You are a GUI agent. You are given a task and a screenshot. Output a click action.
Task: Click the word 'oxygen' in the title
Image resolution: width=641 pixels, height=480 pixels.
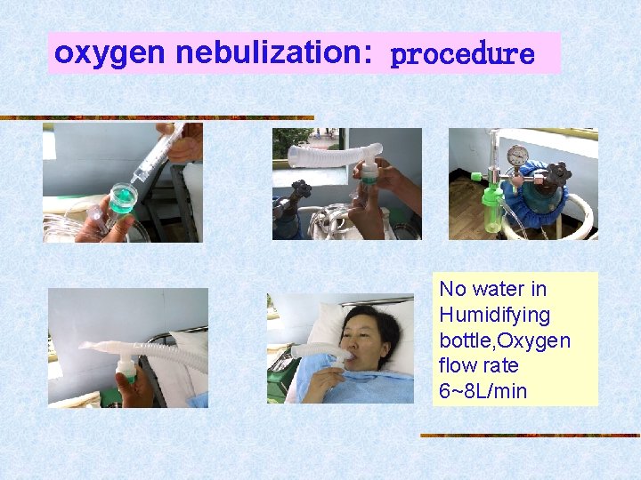pos(110,53)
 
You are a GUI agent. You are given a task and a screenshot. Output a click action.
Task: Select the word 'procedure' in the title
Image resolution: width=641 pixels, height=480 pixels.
pos(462,55)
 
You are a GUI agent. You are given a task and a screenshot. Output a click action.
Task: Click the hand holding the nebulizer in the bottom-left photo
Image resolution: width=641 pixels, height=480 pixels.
pos(136,389)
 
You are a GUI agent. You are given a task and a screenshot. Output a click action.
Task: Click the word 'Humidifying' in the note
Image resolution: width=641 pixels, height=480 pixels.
pos(494,315)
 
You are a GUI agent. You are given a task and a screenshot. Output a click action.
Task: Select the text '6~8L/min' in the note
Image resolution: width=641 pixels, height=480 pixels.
pos(483,390)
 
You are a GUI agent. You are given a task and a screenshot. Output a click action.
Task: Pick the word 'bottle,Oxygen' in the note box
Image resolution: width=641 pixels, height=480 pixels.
pos(504,340)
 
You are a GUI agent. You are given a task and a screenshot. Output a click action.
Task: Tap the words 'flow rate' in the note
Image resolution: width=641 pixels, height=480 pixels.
pos(478,365)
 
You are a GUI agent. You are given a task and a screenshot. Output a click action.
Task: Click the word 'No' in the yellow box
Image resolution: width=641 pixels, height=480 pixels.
pos(452,289)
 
